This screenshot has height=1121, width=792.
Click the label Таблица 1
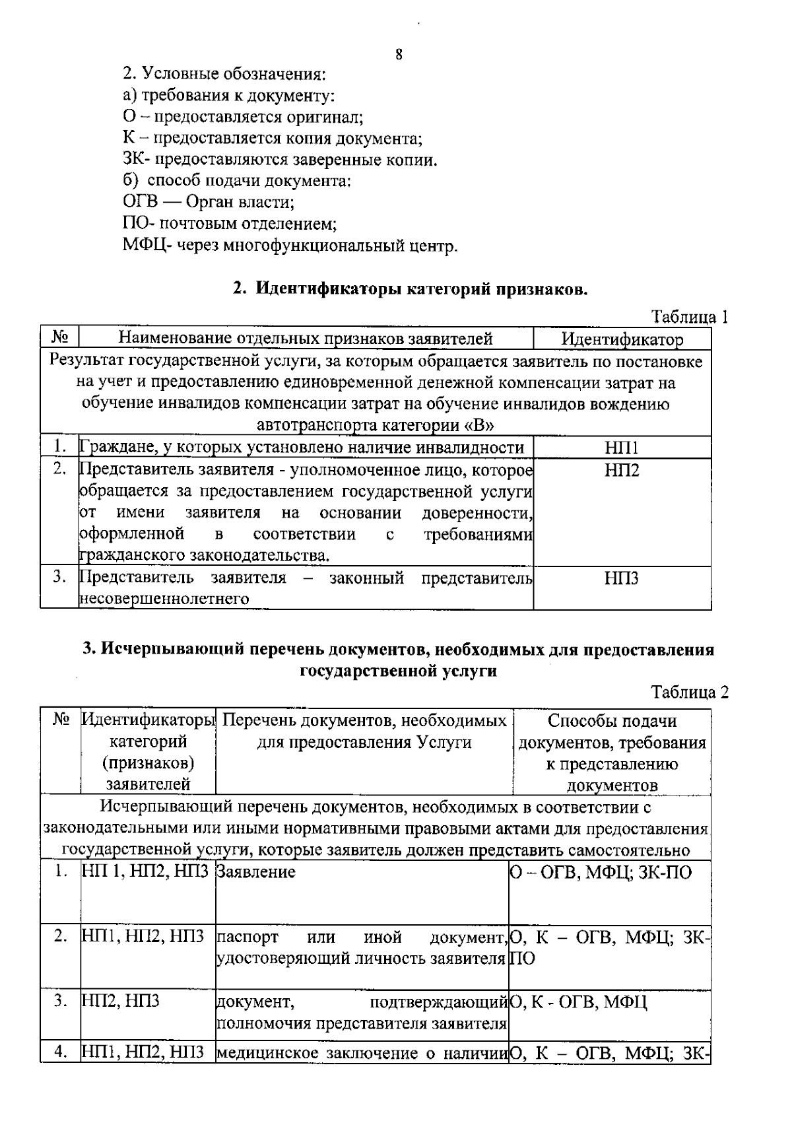pyautogui.click(x=690, y=317)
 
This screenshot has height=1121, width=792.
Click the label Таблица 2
pyautogui.click(x=690, y=692)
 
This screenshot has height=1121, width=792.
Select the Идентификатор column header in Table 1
pyautogui.click(x=622, y=339)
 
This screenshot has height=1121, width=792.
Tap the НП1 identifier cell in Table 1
pyautogui.click(x=622, y=448)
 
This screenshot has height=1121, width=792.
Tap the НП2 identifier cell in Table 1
pyautogui.click(x=622, y=471)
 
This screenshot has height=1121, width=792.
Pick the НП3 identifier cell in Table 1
pyautogui.click(x=622, y=579)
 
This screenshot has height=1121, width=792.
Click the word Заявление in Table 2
pyautogui.click(x=256, y=872)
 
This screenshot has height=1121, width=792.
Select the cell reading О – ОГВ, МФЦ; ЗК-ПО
pyautogui.click(x=601, y=873)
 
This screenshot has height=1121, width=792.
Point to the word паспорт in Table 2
pyautogui.click(x=247, y=937)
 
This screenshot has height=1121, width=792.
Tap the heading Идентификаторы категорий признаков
pyautogui.click(x=409, y=289)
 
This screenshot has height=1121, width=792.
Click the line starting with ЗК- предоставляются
pyautogui.click(x=280, y=160)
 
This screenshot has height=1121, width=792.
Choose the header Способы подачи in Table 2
pyautogui.click(x=612, y=721)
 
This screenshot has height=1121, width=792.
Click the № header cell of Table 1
pyautogui.click(x=60, y=339)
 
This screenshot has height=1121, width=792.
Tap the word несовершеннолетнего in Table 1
pyautogui.click(x=164, y=599)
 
